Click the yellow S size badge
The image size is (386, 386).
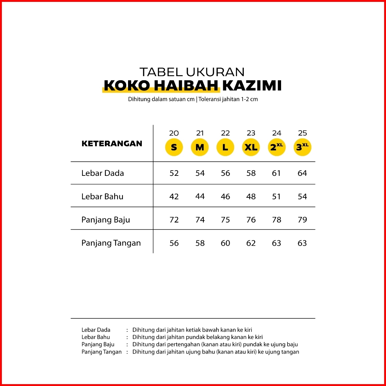pyautogui.click(x=174, y=147)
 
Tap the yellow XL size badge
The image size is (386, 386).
pyautogui.click(x=251, y=147)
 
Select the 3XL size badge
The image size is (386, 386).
pyautogui.click(x=302, y=147)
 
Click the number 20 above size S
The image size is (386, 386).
pyautogui.click(x=174, y=133)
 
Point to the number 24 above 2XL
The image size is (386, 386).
pyautogui.click(x=277, y=133)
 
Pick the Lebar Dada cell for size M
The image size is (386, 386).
pyautogui.click(x=200, y=173)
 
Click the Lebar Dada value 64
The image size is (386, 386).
pyautogui.click(x=302, y=173)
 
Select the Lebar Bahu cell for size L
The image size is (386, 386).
pyautogui.click(x=225, y=196)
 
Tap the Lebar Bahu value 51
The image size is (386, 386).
pyautogui.click(x=277, y=196)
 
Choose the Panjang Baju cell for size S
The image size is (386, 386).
pyautogui.click(x=174, y=220)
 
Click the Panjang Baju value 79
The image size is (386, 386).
pyautogui.click(x=302, y=220)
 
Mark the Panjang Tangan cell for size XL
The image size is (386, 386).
pyautogui.click(x=251, y=243)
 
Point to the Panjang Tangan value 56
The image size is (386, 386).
pyautogui.click(x=174, y=243)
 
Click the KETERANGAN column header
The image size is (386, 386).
pyautogui.click(x=112, y=144)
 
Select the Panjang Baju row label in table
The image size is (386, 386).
pyautogui.click(x=106, y=220)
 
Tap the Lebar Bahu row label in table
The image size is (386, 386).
pyautogui.click(x=102, y=196)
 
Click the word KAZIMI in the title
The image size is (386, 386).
pyautogui.click(x=252, y=86)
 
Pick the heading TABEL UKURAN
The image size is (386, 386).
pyautogui.click(x=192, y=72)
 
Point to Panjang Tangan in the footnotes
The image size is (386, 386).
pyautogui.click(x=102, y=352)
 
